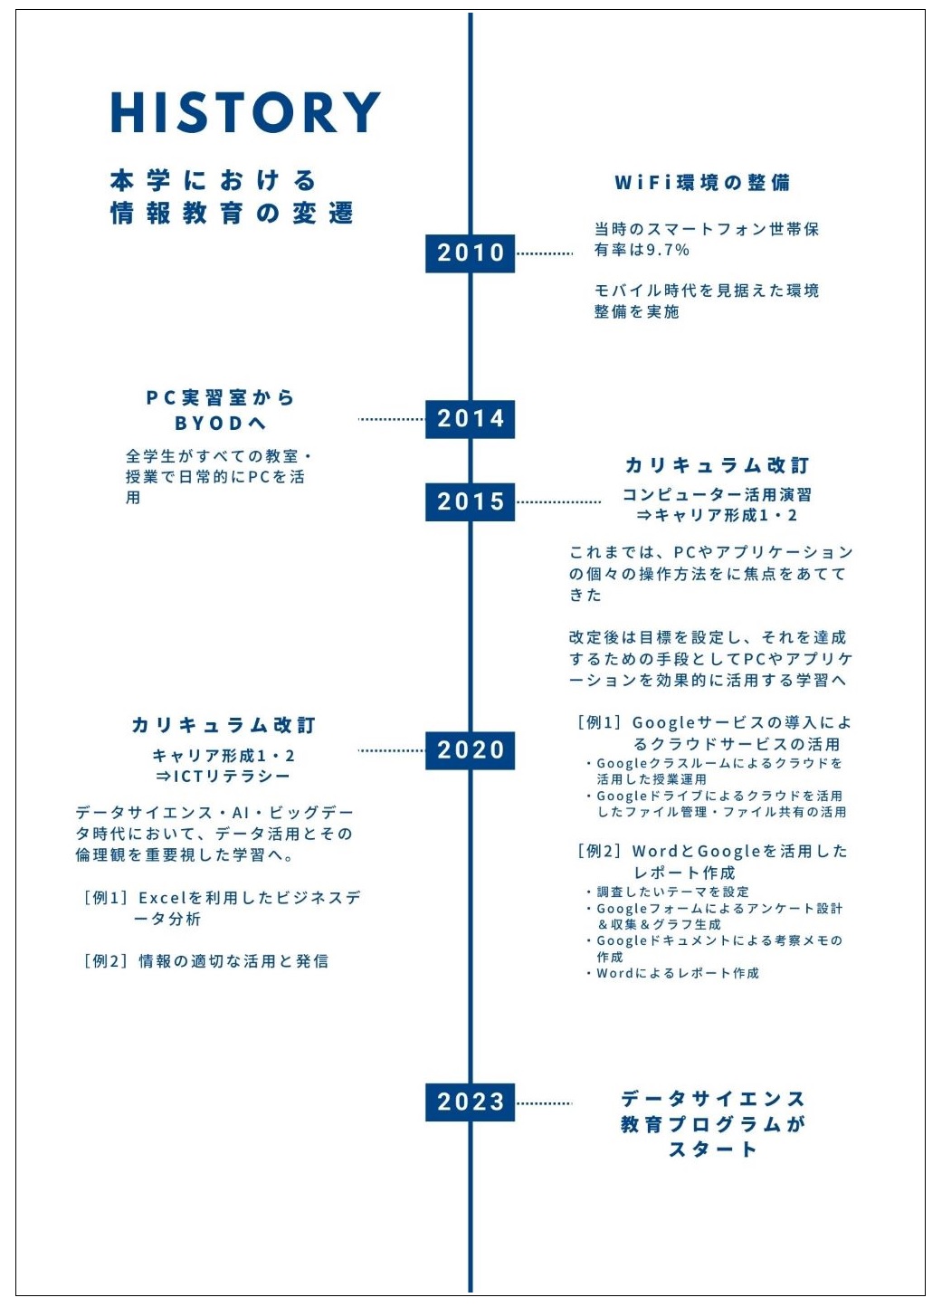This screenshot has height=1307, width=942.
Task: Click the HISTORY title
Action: (245, 112)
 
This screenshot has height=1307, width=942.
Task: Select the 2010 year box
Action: (471, 253)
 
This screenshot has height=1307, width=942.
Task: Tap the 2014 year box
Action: (471, 419)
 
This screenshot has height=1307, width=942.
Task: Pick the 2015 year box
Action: (471, 501)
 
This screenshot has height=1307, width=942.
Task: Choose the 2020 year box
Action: (471, 750)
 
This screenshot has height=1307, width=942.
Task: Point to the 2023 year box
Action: (471, 1102)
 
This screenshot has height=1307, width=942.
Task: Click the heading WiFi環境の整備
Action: (703, 183)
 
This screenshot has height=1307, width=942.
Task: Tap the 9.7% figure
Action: (668, 251)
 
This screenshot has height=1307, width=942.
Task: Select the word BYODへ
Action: (221, 423)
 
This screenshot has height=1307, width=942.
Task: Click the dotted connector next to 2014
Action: (392, 419)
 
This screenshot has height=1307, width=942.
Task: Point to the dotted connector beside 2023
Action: (544, 1103)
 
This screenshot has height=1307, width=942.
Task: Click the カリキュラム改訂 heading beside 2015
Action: (718, 465)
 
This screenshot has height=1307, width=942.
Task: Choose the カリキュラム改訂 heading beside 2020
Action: (224, 725)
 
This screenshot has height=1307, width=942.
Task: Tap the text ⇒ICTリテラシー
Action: (223, 777)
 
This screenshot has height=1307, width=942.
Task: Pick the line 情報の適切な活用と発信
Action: (233, 961)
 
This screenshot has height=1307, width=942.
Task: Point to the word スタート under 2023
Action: (713, 1150)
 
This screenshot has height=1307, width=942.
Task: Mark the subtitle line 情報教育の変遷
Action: (233, 214)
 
